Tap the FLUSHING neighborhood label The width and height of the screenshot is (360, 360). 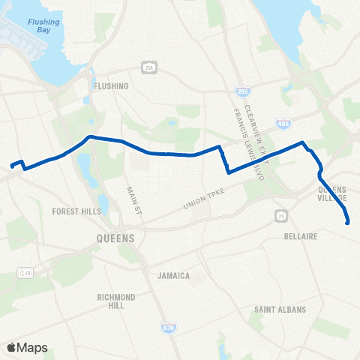pyautogui.click(x=112, y=86)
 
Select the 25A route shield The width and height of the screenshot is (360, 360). pyautogui.click(x=149, y=67)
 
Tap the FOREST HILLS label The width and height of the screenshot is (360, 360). pyautogui.click(x=76, y=211)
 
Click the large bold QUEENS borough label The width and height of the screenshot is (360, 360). pyautogui.click(x=115, y=238)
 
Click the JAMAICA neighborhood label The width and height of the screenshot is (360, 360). pyautogui.click(x=173, y=276)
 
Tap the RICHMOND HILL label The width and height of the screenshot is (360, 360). pyautogui.click(x=116, y=302)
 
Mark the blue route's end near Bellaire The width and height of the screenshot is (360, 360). pyautogui.click(x=348, y=222)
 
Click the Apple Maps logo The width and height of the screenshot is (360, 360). pyautogui.click(x=26, y=347)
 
